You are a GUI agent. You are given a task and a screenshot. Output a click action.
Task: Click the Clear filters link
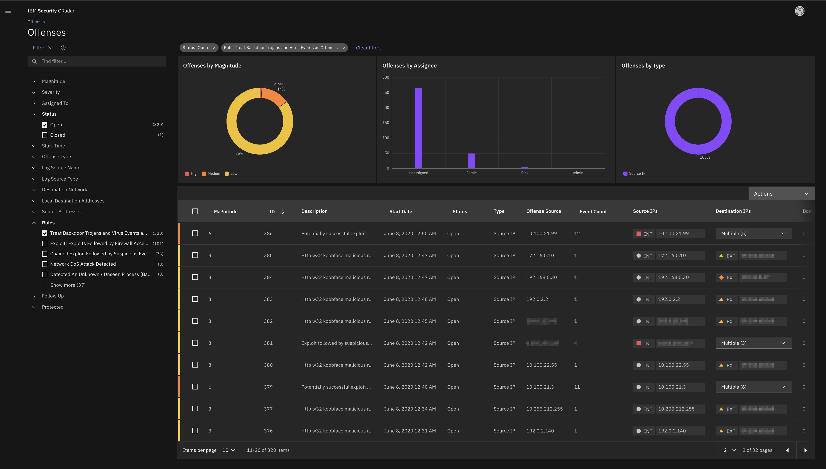click(x=368, y=48)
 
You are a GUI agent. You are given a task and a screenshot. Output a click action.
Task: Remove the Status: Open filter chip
click(x=214, y=48)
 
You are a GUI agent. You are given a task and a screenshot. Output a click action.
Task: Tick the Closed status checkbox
click(x=45, y=135)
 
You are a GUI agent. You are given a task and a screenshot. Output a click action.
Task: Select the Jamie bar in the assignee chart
click(x=471, y=161)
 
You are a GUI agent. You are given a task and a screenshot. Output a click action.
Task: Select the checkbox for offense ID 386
click(x=195, y=233)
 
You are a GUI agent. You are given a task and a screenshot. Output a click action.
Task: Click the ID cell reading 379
click(x=268, y=387)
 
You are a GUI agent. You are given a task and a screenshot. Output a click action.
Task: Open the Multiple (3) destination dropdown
click(x=753, y=343)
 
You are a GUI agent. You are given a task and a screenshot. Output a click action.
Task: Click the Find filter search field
click(x=100, y=61)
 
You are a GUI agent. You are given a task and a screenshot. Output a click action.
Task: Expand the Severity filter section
click(x=51, y=92)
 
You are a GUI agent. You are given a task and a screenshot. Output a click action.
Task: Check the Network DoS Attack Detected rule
click(x=45, y=264)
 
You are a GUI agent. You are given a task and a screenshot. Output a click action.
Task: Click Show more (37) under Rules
click(x=68, y=285)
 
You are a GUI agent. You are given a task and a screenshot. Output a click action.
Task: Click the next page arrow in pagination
click(x=805, y=450)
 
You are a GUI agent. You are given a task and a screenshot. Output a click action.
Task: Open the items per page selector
click(x=228, y=450)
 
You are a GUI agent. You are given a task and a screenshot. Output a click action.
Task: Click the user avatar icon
click(x=799, y=11)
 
